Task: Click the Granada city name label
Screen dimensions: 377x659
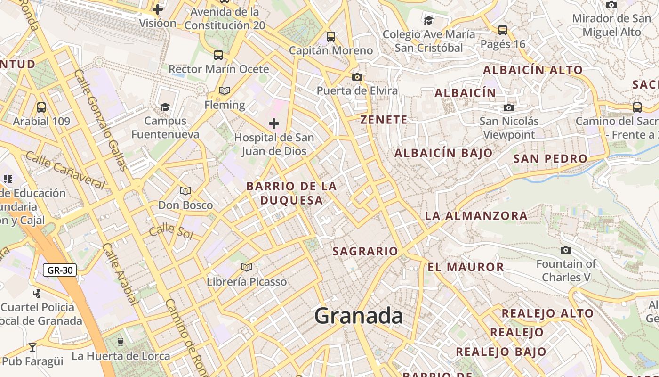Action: coord(358,316)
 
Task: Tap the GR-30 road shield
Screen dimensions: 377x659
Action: coord(60,270)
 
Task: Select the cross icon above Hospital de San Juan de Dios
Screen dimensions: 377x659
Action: coord(273,124)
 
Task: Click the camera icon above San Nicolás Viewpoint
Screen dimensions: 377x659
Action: coord(508,107)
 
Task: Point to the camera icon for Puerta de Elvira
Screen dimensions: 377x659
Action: coord(357,77)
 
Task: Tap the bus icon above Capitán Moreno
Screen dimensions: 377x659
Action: coord(331,36)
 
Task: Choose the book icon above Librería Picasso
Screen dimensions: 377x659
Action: coord(246,268)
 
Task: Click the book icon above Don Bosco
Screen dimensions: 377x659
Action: coord(185,191)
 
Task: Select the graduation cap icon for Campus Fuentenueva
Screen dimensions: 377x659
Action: coord(165,107)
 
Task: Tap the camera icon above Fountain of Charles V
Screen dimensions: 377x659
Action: coord(566,250)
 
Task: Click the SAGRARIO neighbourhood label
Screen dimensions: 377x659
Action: coord(365,251)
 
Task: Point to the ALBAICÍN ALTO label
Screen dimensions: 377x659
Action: coord(533,70)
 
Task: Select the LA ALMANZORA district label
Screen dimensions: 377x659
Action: coord(476,216)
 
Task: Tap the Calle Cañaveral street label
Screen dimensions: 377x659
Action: coord(65,169)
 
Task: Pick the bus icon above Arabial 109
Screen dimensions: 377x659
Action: coord(41,107)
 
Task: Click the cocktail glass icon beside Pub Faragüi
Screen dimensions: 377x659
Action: coord(32,348)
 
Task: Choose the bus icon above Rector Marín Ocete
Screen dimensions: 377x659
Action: coord(218,55)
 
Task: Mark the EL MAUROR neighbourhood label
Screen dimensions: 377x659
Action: coord(466,267)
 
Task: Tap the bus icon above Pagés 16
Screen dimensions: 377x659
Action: coord(503,30)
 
